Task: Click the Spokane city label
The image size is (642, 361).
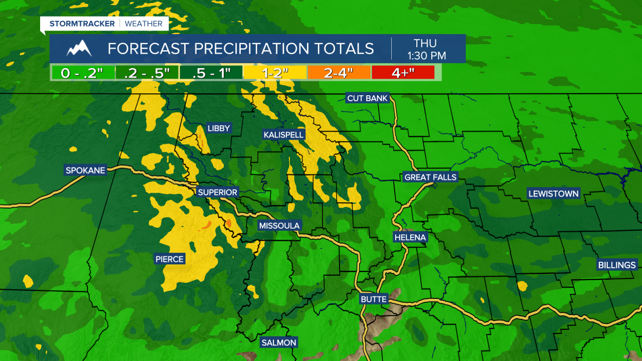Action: pyautogui.click(x=85, y=170)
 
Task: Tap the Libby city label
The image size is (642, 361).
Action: pyautogui.click(x=219, y=128)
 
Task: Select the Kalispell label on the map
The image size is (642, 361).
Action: pyautogui.click(x=284, y=134)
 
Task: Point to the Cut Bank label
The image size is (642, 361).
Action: pyautogui.click(x=368, y=98)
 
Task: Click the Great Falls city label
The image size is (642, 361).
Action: pyautogui.click(x=430, y=177)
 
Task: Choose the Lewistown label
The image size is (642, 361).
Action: pyautogui.click(x=554, y=194)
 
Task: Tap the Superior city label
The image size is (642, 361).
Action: pyautogui.click(x=217, y=192)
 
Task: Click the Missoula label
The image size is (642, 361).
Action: pyautogui.click(x=279, y=226)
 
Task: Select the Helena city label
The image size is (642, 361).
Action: pyautogui.click(x=410, y=237)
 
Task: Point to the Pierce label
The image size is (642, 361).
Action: pyautogui.click(x=170, y=259)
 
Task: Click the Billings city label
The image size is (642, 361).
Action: pyautogui.click(x=617, y=265)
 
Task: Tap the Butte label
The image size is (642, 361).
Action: pyautogui.click(x=374, y=299)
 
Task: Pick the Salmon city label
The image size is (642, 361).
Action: pyautogui.click(x=279, y=343)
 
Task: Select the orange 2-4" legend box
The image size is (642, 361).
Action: pyautogui.click(x=339, y=73)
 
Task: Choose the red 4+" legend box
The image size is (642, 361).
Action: pyautogui.click(x=403, y=73)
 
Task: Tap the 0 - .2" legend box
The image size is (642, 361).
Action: pyautogui.click(x=82, y=73)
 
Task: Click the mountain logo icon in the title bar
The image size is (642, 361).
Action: pyautogui.click(x=79, y=49)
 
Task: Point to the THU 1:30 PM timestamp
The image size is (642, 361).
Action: pyautogui.click(x=427, y=49)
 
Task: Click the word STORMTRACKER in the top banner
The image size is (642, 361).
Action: pyautogui.click(x=82, y=24)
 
